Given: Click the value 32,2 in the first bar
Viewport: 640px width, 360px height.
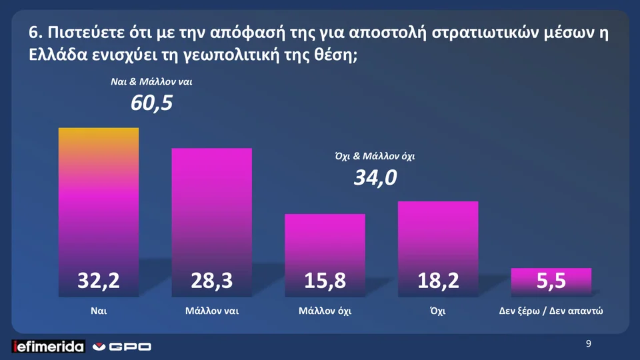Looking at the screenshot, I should pyautogui.click(x=99, y=281).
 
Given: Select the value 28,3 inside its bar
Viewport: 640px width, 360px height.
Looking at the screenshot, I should pyautogui.click(x=212, y=281).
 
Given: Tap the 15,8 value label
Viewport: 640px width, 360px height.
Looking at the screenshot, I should pyautogui.click(x=325, y=281).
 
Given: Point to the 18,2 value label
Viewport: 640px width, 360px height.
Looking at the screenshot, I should pyautogui.click(x=438, y=281).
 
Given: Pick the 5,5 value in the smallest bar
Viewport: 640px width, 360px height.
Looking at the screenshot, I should pyautogui.click(x=551, y=281).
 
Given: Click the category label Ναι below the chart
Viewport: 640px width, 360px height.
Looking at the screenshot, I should pyautogui.click(x=99, y=311).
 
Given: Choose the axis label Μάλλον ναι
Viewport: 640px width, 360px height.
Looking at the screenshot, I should pyautogui.click(x=212, y=311).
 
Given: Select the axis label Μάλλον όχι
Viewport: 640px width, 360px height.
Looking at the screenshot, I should pyautogui.click(x=325, y=311).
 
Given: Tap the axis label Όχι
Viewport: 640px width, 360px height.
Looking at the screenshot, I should pyautogui.click(x=438, y=311).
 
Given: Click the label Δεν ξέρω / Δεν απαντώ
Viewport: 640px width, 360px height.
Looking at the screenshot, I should pyautogui.click(x=551, y=311).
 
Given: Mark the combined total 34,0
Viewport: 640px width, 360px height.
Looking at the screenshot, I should pyautogui.click(x=375, y=178).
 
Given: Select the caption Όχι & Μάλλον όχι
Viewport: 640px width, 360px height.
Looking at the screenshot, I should pyautogui.click(x=375, y=157).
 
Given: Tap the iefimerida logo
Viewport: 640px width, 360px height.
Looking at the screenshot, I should pyautogui.click(x=49, y=346).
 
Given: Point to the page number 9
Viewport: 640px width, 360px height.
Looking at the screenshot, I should pyautogui.click(x=588, y=344).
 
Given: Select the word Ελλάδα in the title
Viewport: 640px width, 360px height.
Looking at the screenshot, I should pyautogui.click(x=55, y=55).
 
